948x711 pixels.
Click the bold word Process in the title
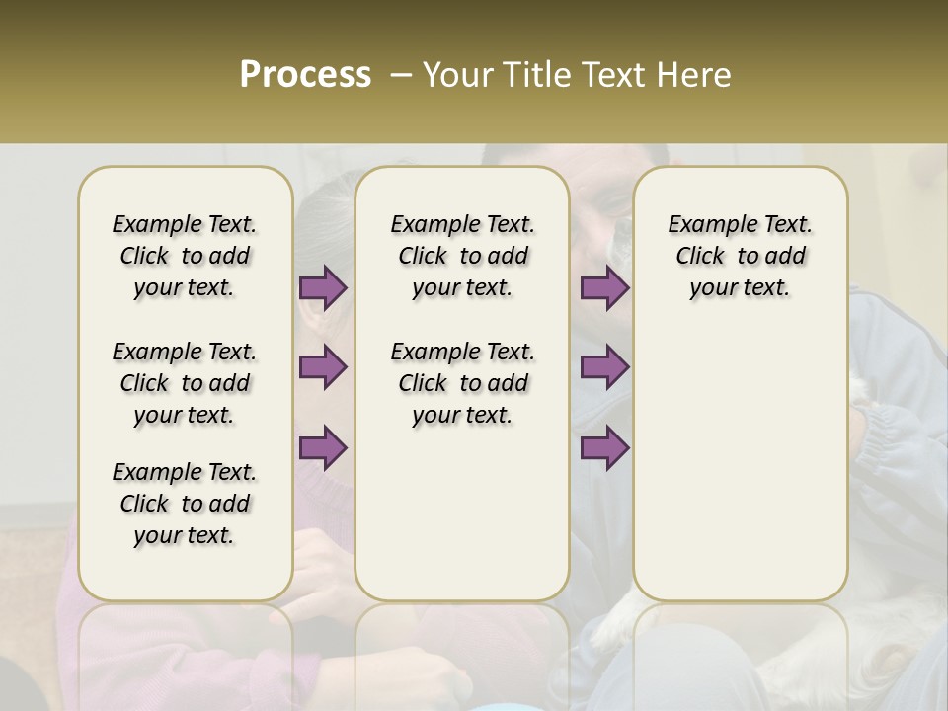305,75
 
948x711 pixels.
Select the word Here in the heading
696,75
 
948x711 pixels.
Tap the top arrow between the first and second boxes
323,288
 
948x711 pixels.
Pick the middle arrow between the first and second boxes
323,367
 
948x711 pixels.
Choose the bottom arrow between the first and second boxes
323,447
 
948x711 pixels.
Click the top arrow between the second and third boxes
604,288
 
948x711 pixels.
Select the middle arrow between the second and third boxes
604,367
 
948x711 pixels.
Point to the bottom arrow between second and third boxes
604,447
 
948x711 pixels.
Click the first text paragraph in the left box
185,256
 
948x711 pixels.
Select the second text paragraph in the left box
185,383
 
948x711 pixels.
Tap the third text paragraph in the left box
185,504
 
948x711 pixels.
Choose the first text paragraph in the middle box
462,256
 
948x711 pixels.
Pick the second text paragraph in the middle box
462,383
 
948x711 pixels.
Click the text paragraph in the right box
741,256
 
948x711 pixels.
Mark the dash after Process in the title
400,75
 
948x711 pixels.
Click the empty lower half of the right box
741,474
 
